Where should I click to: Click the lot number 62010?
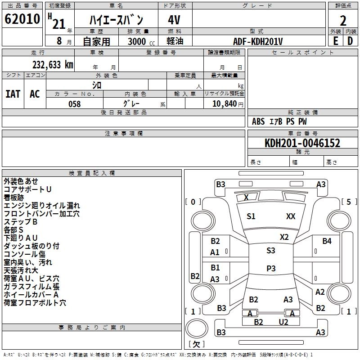coord(22,19)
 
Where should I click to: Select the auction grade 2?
coord(343,21)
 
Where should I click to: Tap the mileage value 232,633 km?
coord(53,65)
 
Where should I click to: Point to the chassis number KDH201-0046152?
coord(302,143)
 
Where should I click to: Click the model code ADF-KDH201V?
coord(258,41)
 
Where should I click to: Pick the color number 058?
coord(75,104)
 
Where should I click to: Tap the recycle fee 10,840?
coord(225,104)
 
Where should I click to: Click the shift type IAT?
coord(13,94)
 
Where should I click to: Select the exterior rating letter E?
coord(335,41)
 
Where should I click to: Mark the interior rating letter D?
coord(350,41)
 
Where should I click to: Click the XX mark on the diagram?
coord(291,216)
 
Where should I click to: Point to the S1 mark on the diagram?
coord(251,216)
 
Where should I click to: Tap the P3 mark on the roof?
coord(271,268)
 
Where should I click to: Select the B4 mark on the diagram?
coord(327,241)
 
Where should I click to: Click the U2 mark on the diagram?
coord(283,322)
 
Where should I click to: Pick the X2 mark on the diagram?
coord(284,237)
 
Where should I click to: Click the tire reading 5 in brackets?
coord(349,202)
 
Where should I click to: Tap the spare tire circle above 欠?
coord(197,328)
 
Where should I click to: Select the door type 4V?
coord(174,20)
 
